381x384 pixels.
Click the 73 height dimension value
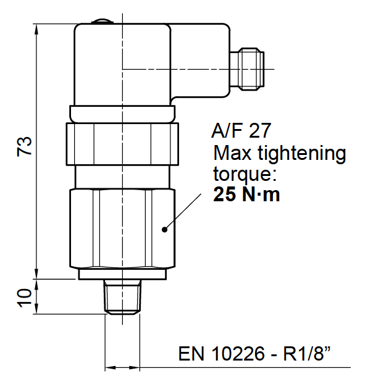[24, 146]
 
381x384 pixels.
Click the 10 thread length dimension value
[24, 297]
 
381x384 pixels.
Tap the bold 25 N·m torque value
[246, 195]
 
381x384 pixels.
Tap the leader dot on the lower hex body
[164, 229]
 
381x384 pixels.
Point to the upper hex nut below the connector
[122, 144]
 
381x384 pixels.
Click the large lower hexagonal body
[122, 228]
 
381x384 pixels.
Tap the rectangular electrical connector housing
[124, 65]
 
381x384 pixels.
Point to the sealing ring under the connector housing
[123, 114]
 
